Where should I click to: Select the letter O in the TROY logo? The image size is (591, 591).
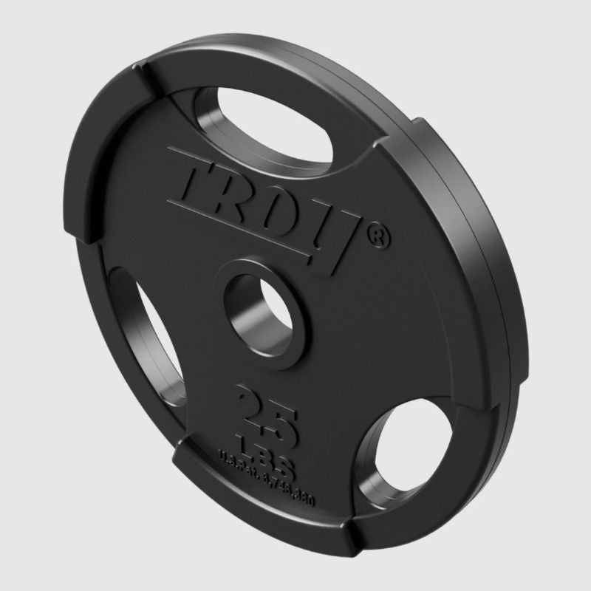click(x=284, y=214)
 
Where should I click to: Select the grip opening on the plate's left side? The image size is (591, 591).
click(x=155, y=325)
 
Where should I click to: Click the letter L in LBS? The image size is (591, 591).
click(x=242, y=443)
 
